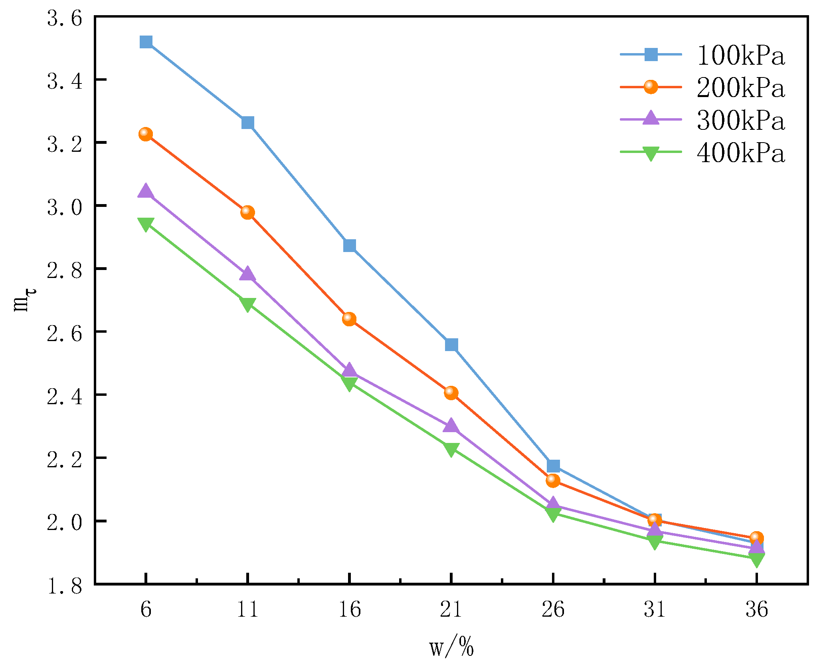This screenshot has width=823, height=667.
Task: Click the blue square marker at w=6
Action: (146, 42)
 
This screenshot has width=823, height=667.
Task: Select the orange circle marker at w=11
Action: (247, 212)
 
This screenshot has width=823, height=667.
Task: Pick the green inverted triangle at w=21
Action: (451, 449)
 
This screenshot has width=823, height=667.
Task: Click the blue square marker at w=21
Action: (451, 344)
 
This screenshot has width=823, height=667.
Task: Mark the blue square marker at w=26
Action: (553, 466)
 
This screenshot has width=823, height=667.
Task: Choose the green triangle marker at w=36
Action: (756, 559)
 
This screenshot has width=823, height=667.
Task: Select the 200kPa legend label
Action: (741, 87)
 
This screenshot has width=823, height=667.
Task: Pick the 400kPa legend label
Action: (741, 153)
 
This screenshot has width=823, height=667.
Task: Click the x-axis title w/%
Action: (451, 647)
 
